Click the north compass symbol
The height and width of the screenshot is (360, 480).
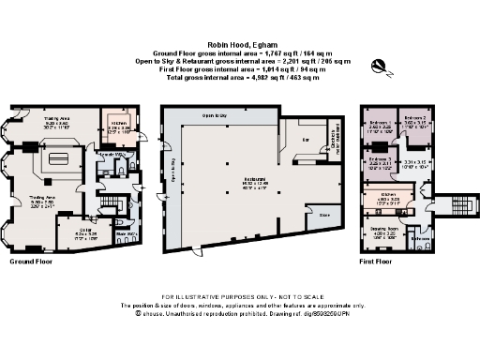[x=380, y=66]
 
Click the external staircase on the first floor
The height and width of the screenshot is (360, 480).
[x=459, y=204]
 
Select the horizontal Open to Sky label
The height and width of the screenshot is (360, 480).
[x=217, y=115]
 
